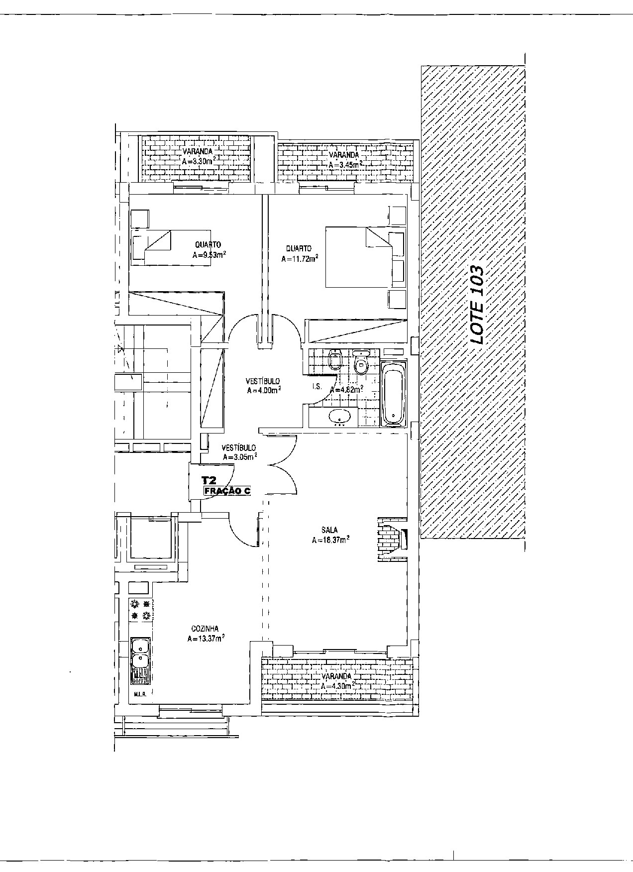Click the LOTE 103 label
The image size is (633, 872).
pyautogui.click(x=477, y=305)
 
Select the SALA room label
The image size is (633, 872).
pyautogui.click(x=329, y=530)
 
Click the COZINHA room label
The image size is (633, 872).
pyautogui.click(x=205, y=629)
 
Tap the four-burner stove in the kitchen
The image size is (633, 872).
pyautogui.click(x=141, y=610)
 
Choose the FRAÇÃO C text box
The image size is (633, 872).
pyautogui.click(x=226, y=491)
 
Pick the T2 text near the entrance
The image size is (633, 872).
pyautogui.click(x=209, y=480)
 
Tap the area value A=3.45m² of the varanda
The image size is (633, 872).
pyautogui.click(x=345, y=164)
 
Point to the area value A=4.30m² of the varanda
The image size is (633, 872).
pyautogui.click(x=337, y=686)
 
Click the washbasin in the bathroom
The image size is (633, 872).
pyautogui.click(x=340, y=416)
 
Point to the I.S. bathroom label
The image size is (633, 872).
pyautogui.click(x=316, y=387)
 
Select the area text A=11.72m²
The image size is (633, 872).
pyautogui.click(x=300, y=259)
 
